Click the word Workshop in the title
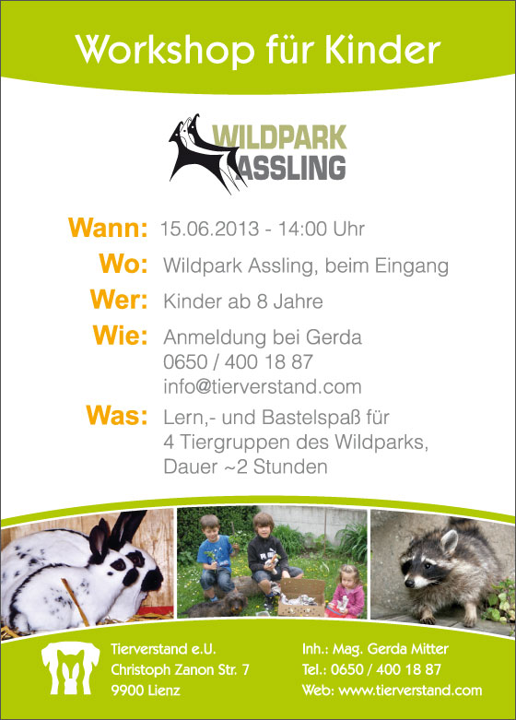(165, 50)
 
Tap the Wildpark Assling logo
(258, 153)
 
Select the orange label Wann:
(108, 228)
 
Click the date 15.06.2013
(210, 229)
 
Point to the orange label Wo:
(123, 264)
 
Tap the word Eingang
(411, 266)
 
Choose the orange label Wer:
(119, 300)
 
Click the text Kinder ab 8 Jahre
(243, 301)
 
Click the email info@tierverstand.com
(263, 386)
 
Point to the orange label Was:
(117, 415)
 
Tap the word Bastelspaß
(311, 419)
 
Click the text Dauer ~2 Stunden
(246, 467)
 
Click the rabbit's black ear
(125, 529)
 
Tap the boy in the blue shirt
(215, 558)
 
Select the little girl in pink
(347, 593)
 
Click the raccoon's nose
(408, 583)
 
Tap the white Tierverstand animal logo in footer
(70, 668)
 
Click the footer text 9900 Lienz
(146, 690)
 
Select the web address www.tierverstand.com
(410, 690)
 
